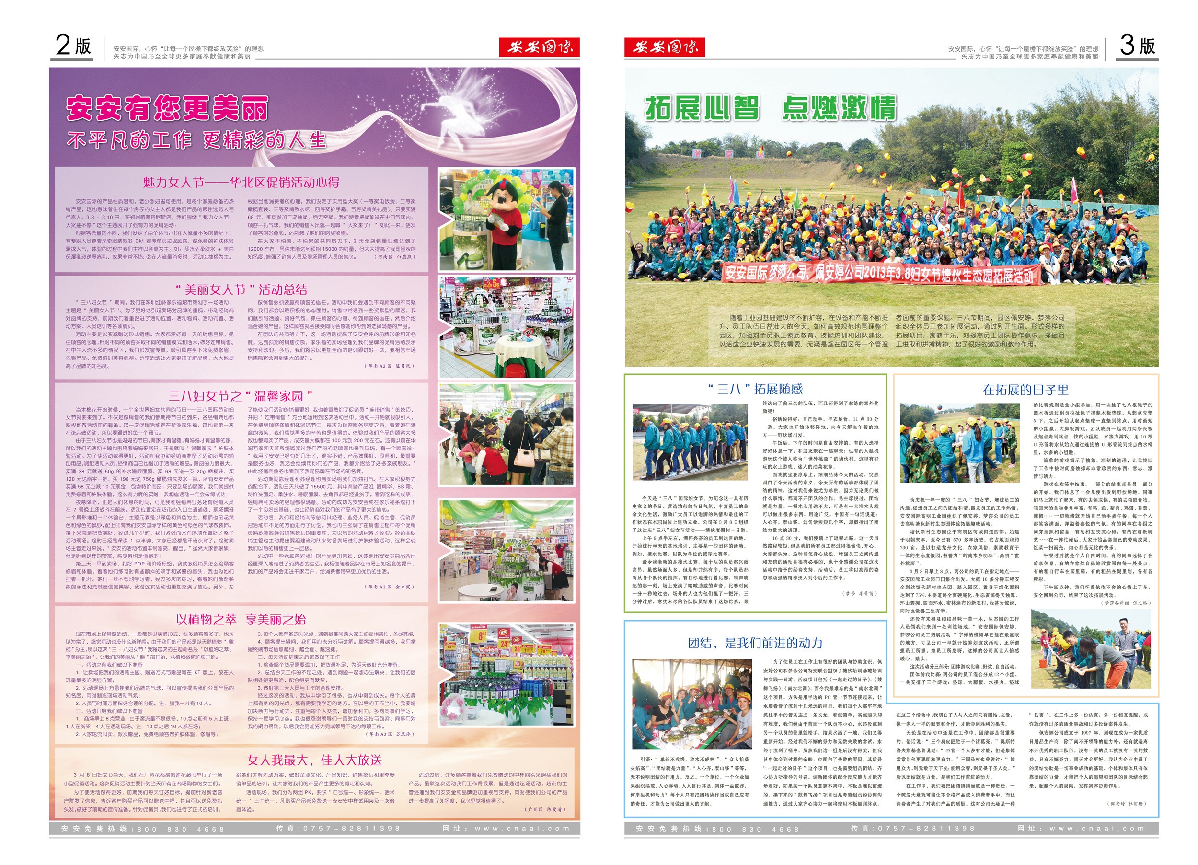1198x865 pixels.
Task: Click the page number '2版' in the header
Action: [73, 45]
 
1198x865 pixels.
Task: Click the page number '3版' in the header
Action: [1137, 45]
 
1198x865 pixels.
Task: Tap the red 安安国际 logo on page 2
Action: [539, 47]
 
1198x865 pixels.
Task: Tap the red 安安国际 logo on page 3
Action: [664, 47]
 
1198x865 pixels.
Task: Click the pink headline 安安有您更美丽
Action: [167, 108]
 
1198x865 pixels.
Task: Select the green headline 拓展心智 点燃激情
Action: [771, 108]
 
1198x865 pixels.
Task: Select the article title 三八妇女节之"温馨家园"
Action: [241, 396]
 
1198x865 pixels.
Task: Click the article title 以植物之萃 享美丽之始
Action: [241, 619]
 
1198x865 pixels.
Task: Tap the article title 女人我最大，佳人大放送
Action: [314, 760]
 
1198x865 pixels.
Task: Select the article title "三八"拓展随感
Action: [755, 390]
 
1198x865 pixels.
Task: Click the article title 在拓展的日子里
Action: [1025, 390]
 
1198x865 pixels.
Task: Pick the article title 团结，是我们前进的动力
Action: [755, 643]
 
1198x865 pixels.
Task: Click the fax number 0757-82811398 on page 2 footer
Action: [337, 829]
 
